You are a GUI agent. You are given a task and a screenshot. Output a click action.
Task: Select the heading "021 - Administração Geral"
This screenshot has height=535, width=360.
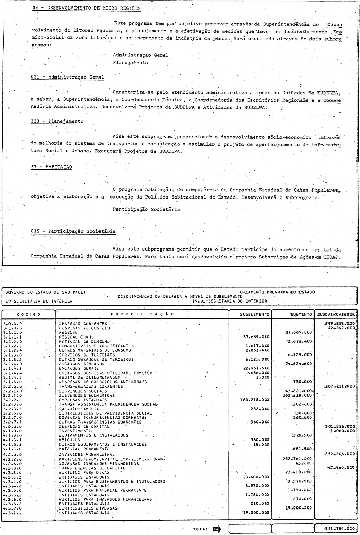67,77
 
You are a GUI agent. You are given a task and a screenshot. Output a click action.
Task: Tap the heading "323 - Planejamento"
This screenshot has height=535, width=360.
57,121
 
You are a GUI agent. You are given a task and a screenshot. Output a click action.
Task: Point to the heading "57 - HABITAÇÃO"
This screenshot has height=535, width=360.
51,167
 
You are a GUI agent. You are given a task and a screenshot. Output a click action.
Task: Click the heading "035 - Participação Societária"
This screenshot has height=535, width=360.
73,231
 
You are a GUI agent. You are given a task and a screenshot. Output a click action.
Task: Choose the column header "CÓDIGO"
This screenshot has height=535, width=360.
29,314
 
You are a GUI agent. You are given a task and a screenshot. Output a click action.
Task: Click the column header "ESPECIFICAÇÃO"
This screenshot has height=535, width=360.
142,314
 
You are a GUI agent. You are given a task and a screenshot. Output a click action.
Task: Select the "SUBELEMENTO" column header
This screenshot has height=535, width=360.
250,315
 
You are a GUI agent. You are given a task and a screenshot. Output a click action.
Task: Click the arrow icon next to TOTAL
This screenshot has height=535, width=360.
217,529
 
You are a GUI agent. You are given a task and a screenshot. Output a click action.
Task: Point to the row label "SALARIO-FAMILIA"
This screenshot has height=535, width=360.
74,409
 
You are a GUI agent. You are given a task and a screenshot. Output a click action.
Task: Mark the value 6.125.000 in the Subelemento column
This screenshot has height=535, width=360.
257,359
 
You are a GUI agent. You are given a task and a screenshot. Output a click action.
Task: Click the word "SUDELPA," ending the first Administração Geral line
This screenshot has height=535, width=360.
329,92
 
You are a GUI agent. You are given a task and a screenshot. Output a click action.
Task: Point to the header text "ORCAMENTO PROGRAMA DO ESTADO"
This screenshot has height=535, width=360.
277,292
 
